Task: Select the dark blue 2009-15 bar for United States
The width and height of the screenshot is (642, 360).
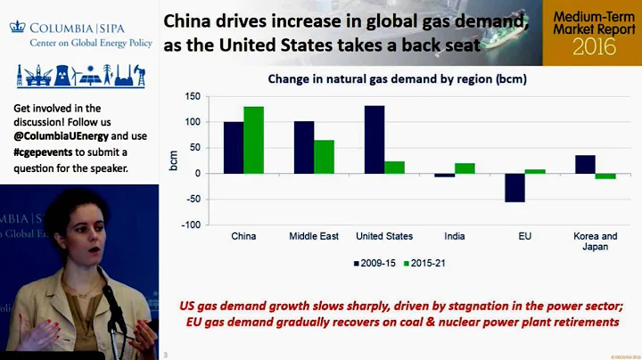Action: (374, 139)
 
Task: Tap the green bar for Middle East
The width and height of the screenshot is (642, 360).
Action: (324, 156)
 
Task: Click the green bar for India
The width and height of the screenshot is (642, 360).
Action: (465, 168)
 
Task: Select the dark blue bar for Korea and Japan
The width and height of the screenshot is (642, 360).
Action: (585, 164)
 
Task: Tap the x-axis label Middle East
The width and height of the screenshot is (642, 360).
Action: (314, 236)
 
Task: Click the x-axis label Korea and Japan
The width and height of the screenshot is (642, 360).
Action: (596, 241)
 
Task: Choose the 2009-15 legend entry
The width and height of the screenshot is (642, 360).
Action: (375, 264)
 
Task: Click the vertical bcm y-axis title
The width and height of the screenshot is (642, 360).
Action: (175, 161)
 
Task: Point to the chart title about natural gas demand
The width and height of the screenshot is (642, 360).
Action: (398, 78)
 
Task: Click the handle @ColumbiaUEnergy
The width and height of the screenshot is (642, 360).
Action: (61, 136)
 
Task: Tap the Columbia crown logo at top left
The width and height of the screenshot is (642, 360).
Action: (17, 27)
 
